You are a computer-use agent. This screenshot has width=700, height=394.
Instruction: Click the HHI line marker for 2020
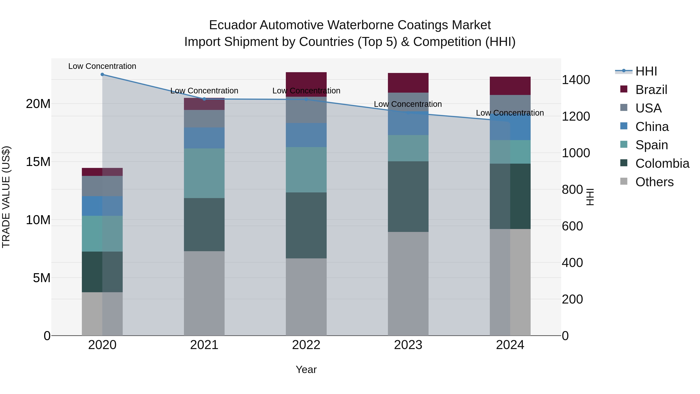102,75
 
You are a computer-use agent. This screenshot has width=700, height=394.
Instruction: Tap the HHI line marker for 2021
204,99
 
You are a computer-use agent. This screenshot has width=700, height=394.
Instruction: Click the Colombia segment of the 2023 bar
408,196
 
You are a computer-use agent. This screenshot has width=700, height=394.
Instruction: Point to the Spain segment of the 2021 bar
204,173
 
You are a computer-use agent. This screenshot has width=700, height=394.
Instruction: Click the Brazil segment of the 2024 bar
510,86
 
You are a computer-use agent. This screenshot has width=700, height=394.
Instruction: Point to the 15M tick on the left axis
38,162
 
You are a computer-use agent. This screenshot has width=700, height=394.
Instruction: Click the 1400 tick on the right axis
576,80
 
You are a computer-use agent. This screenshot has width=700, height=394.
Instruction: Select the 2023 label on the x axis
408,345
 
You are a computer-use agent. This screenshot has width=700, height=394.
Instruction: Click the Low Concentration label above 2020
102,66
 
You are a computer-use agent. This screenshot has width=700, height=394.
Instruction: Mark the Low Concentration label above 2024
510,113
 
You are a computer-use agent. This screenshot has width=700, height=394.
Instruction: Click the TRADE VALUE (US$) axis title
6,197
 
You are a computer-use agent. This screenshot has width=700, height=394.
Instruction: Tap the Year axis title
306,369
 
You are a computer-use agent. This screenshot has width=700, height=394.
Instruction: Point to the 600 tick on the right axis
572,226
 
